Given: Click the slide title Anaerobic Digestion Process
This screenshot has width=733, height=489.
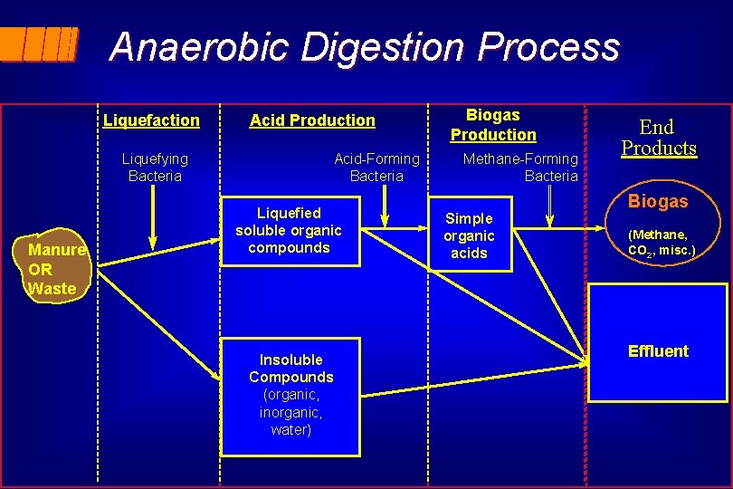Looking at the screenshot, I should [x=365, y=47].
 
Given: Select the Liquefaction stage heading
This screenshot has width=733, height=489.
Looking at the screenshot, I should [x=151, y=120].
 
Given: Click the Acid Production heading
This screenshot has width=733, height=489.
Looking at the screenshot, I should [x=312, y=120].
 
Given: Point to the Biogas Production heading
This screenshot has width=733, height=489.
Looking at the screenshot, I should [x=493, y=125].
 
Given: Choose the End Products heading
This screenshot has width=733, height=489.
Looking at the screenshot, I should [x=658, y=138].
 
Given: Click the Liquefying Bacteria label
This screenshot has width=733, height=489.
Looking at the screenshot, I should [x=155, y=168].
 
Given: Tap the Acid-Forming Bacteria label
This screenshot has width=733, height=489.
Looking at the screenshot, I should [x=376, y=168].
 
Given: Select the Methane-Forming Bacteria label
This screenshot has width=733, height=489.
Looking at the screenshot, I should [x=520, y=168].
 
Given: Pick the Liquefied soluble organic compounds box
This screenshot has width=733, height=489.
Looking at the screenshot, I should [x=289, y=231].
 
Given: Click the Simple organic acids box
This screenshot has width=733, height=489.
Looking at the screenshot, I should [x=469, y=236].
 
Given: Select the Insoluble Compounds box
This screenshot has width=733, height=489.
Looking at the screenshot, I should [x=290, y=395].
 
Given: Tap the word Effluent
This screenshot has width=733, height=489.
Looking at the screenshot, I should [x=658, y=351].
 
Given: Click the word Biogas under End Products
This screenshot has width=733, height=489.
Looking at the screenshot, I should [x=658, y=201].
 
